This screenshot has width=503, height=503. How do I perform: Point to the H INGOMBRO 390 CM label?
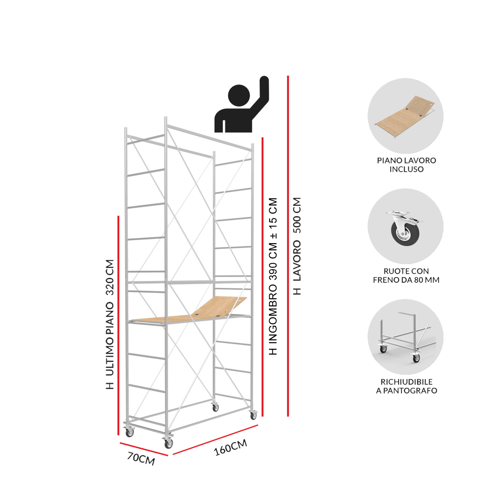(273, 276)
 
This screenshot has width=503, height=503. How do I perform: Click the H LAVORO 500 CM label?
(297, 246)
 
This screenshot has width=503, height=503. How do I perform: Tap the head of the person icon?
(239, 95)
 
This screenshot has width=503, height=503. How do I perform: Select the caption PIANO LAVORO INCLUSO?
(407, 165)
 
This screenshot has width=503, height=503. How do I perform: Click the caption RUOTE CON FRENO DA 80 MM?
(406, 275)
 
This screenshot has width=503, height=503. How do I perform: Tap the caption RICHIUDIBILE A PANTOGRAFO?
(407, 386)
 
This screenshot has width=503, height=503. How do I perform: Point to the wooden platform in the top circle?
(405, 117)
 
